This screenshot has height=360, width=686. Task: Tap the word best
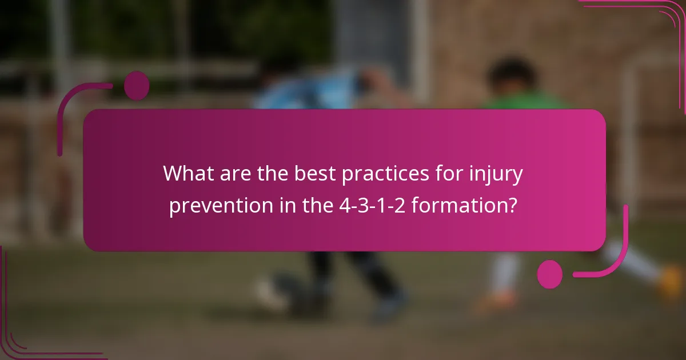[x=314, y=173]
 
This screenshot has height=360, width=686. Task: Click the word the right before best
[x=272, y=173]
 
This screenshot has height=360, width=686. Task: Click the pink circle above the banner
[x=137, y=86]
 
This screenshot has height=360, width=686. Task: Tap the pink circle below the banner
[x=550, y=274]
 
